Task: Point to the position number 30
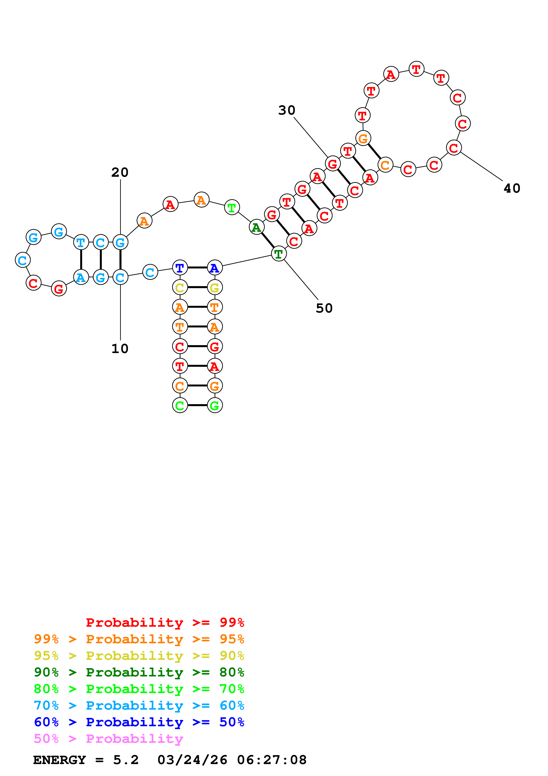[287, 110]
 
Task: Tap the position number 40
[512, 188]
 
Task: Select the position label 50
[324, 308]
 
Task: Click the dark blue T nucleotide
[180, 268]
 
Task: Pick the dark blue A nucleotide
[215, 268]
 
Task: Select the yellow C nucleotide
[180, 288]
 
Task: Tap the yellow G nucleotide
[215, 288]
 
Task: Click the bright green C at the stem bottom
[180, 405]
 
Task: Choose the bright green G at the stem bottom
[215, 405]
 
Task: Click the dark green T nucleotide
[279, 254]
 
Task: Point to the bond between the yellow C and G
[197, 288]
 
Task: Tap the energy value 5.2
[126, 760]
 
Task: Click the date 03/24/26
[192, 760]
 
